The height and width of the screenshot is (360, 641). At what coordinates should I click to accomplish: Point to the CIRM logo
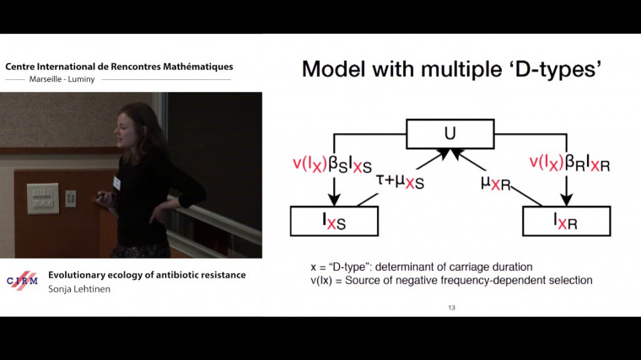point(22,281)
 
